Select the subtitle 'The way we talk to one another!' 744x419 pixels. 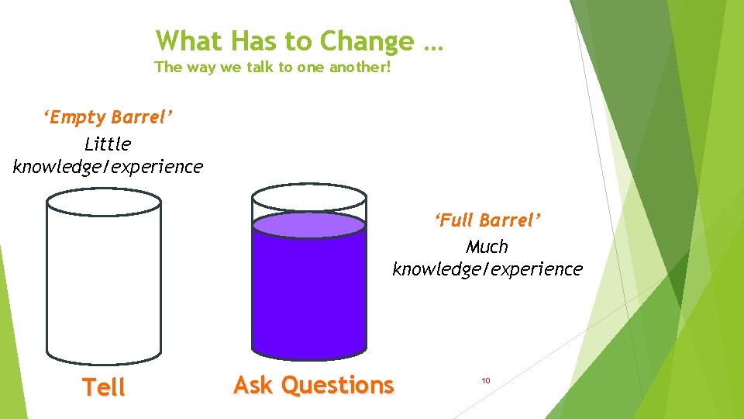point(273,67)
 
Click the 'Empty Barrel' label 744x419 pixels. point(108,117)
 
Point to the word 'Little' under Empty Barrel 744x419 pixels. point(108,144)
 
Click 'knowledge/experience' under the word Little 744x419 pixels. point(108,166)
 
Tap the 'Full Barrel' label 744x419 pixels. point(487,220)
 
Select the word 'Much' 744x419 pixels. point(487,247)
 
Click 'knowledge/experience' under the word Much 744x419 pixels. point(487,269)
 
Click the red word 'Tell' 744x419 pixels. point(104,387)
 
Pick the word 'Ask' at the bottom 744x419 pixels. point(252,385)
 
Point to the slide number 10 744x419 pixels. point(486,380)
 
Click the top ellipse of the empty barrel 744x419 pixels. point(104,203)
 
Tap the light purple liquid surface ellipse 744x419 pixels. point(309,225)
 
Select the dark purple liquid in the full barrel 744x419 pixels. point(309,295)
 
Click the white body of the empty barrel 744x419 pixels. point(104,287)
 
